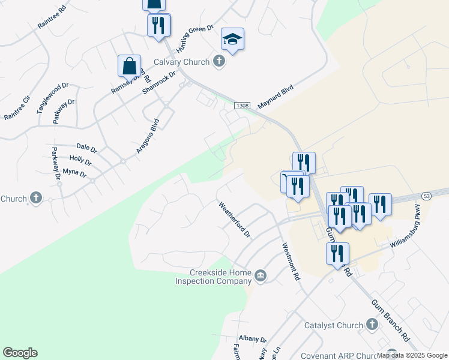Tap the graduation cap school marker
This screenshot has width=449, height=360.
click(232, 40)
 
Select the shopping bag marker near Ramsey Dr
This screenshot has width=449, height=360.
click(129, 66)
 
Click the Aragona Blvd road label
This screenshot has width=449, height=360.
click(147, 136)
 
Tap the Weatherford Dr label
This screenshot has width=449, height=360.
click(234, 219)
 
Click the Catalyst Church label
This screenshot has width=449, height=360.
click(333, 325)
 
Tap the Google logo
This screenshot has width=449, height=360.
click(20, 353)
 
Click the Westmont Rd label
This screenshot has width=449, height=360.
click(291, 261)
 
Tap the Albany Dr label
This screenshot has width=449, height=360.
click(252, 339)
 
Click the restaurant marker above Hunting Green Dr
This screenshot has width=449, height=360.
click(159, 26)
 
